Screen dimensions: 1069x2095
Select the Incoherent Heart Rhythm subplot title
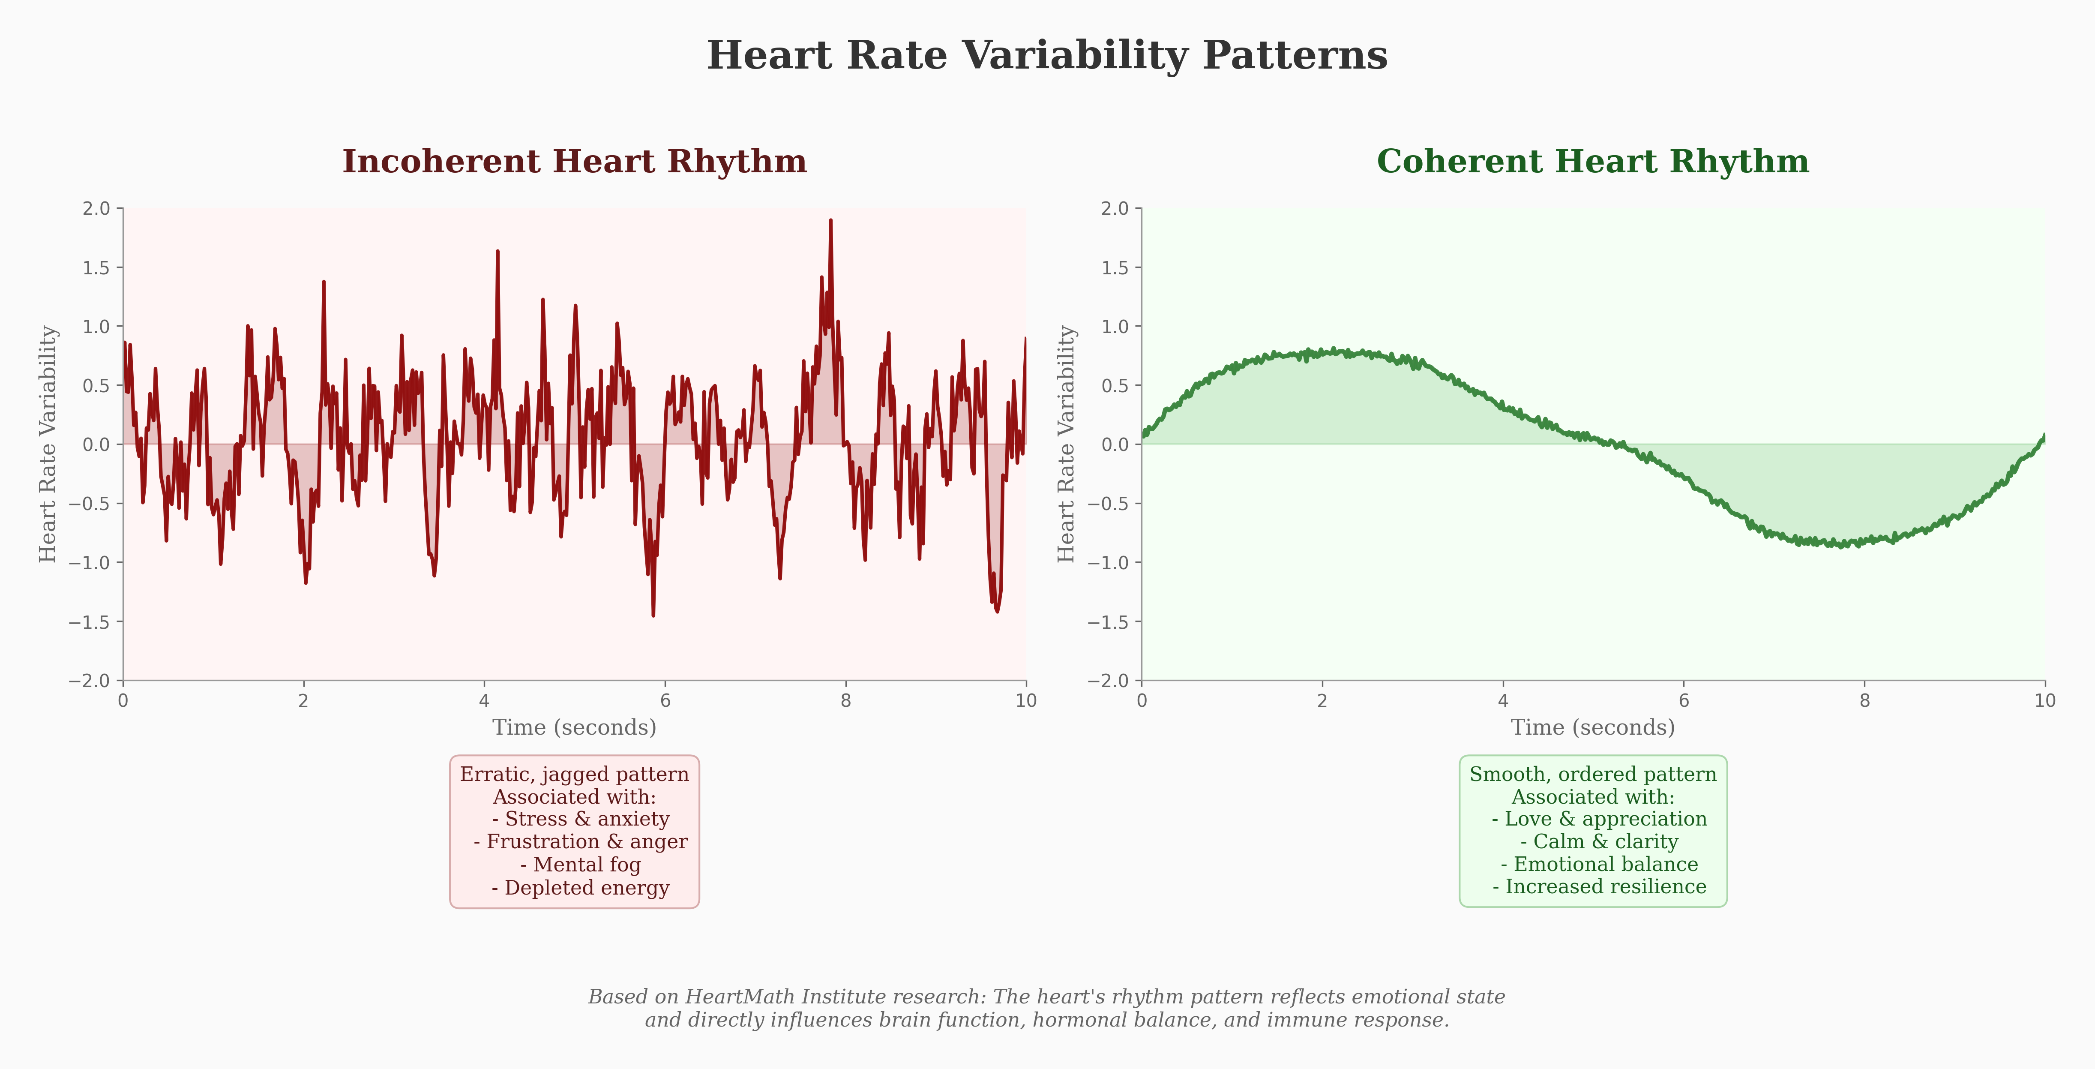pos(574,162)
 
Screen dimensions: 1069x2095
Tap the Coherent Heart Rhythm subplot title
pos(1592,162)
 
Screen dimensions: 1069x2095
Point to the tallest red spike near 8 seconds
pos(830,220)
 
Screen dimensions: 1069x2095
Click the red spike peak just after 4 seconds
pos(498,252)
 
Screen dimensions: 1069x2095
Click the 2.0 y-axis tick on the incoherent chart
pos(96,208)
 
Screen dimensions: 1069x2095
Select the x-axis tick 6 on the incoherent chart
pos(665,700)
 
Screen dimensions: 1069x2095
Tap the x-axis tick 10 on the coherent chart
pos(2044,700)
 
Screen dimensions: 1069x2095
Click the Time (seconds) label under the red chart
pos(574,727)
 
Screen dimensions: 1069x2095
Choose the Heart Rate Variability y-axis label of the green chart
pos(1066,444)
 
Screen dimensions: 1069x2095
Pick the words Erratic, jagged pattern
pos(574,774)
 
